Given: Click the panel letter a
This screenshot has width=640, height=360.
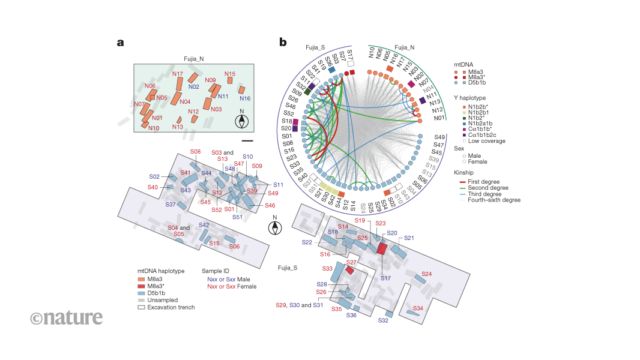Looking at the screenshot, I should [x=120, y=43].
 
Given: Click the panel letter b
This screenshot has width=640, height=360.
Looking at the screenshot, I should [x=282, y=43].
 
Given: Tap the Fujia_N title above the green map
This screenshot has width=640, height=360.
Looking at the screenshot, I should [x=195, y=59].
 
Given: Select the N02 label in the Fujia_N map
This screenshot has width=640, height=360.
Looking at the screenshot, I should [x=194, y=86].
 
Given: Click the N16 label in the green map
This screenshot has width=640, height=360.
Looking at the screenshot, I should [x=245, y=98].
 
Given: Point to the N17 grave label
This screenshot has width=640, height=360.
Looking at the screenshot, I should [x=178, y=74].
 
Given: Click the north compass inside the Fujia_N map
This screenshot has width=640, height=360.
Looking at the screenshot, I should [x=241, y=121].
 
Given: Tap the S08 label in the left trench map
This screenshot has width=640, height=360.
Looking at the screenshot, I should [x=196, y=152].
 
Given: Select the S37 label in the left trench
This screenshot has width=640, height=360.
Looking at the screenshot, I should [x=171, y=205].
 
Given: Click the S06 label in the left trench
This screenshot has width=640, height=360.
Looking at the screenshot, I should [x=234, y=247].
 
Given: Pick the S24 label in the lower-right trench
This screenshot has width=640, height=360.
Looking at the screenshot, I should [x=427, y=274].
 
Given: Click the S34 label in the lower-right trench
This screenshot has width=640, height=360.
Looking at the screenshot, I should [x=418, y=308].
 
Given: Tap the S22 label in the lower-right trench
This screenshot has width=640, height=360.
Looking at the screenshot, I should [x=307, y=242].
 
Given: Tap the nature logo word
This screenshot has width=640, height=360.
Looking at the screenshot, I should [x=66, y=317].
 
